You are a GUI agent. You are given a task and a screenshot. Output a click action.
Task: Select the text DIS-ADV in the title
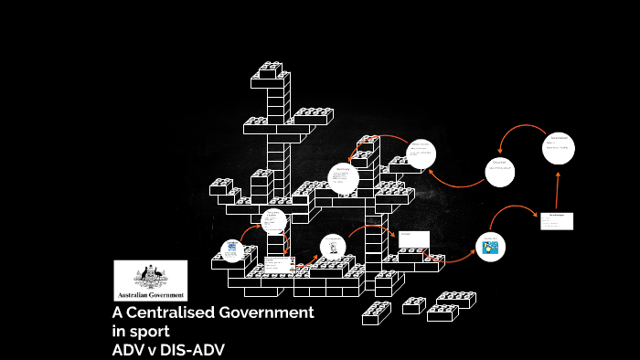coord(191,349)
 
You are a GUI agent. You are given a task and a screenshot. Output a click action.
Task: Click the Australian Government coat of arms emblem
coord(150,275)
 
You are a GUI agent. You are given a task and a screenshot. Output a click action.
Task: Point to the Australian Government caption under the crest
coord(150,295)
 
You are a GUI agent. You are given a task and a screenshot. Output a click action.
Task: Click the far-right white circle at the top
coord(558,148)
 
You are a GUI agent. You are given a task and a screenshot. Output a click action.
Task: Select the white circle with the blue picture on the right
coord(489,245)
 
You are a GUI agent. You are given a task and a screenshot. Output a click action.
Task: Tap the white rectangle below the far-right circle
coord(556,221)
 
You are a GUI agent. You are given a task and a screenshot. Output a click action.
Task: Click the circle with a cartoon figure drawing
coord(333,246)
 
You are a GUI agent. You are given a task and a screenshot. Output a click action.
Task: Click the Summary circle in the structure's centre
coord(343,178)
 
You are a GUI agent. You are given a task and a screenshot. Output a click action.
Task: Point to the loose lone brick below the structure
coord(376,313)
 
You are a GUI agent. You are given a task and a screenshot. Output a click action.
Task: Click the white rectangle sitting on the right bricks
coord(413,239)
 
